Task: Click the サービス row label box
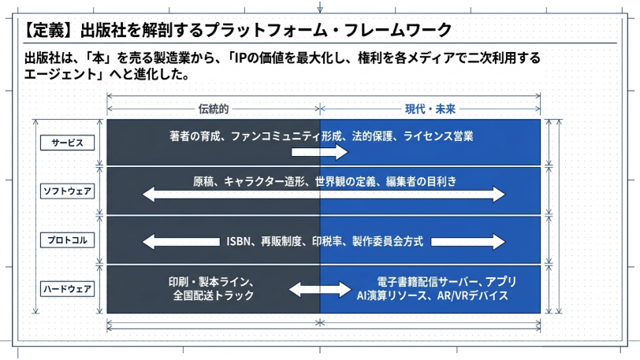(67, 143)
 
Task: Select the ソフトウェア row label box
(67, 191)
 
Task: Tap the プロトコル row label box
(67, 240)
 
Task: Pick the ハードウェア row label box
(67, 289)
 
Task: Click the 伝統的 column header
(213, 109)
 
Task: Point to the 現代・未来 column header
(430, 109)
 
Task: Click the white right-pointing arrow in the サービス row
(319, 152)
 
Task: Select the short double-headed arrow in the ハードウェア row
(319, 289)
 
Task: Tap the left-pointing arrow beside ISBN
(180, 242)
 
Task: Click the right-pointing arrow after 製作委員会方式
(468, 242)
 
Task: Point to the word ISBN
(238, 242)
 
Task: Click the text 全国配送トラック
(214, 295)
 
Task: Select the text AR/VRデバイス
(473, 295)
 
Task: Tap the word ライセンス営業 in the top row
(438, 136)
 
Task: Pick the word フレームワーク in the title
(398, 30)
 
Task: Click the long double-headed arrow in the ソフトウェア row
(324, 195)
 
